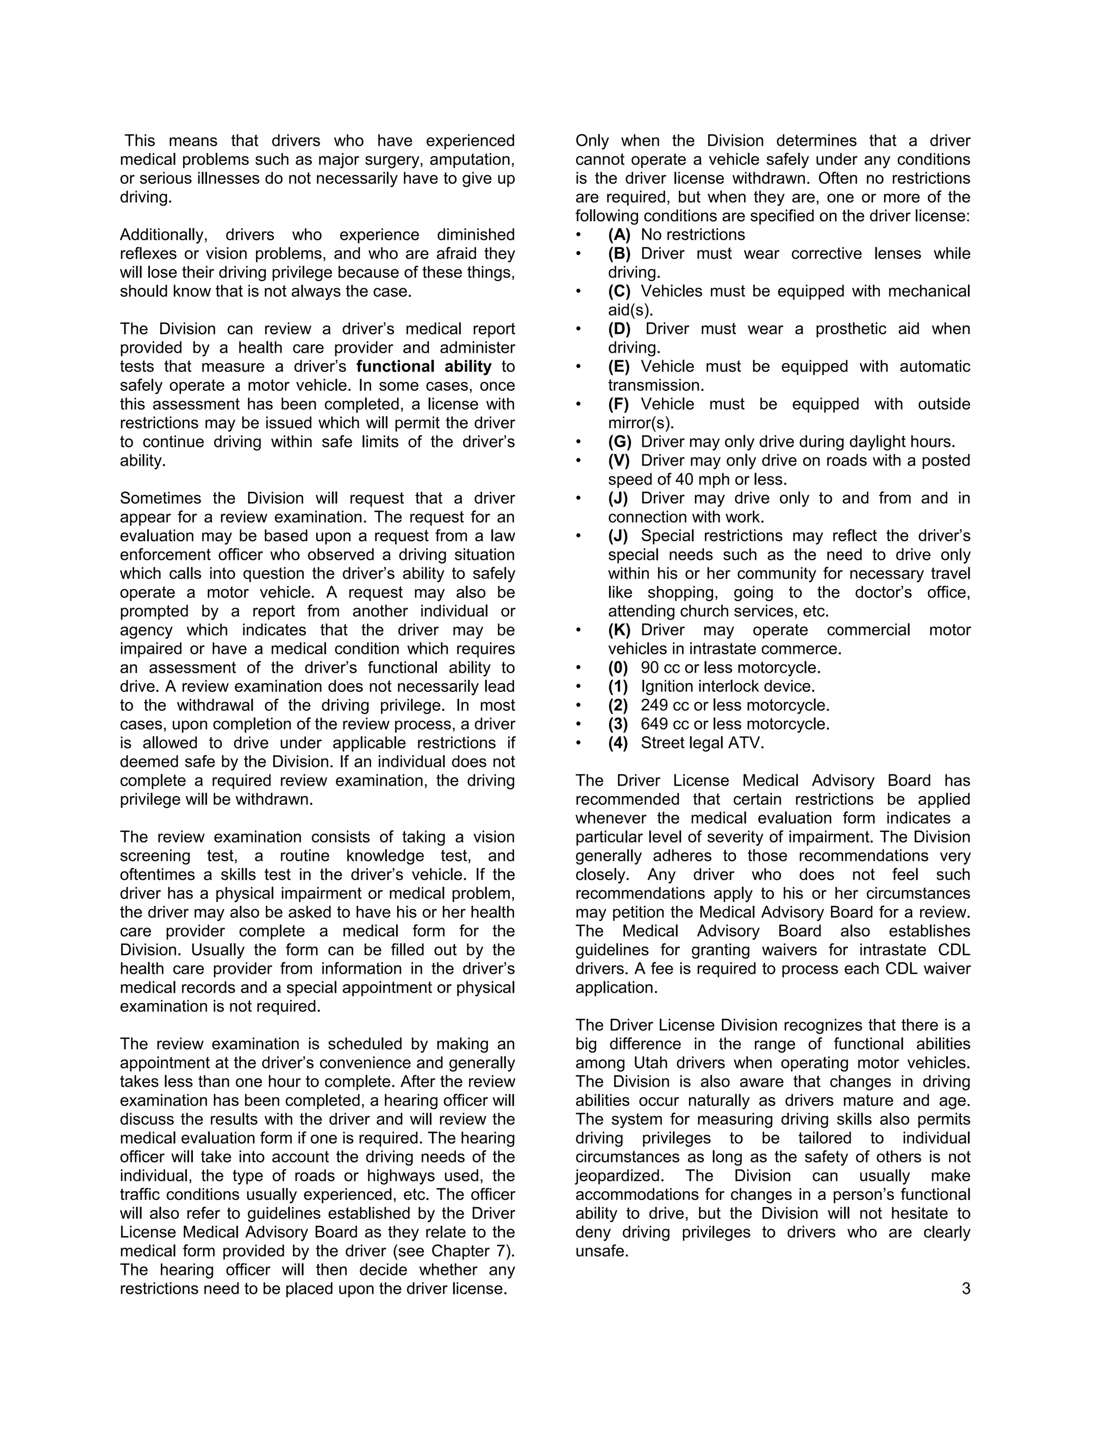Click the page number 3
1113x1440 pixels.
point(966,1288)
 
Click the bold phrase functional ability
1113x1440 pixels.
point(424,367)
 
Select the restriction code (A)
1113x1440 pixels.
point(619,235)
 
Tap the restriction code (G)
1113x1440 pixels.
point(619,442)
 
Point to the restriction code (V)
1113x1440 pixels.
point(619,460)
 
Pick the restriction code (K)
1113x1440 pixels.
point(619,630)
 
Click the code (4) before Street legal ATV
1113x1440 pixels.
point(618,743)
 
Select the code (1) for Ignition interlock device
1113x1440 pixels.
point(618,686)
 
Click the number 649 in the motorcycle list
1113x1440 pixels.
point(654,724)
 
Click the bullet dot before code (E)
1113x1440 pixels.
point(578,367)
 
